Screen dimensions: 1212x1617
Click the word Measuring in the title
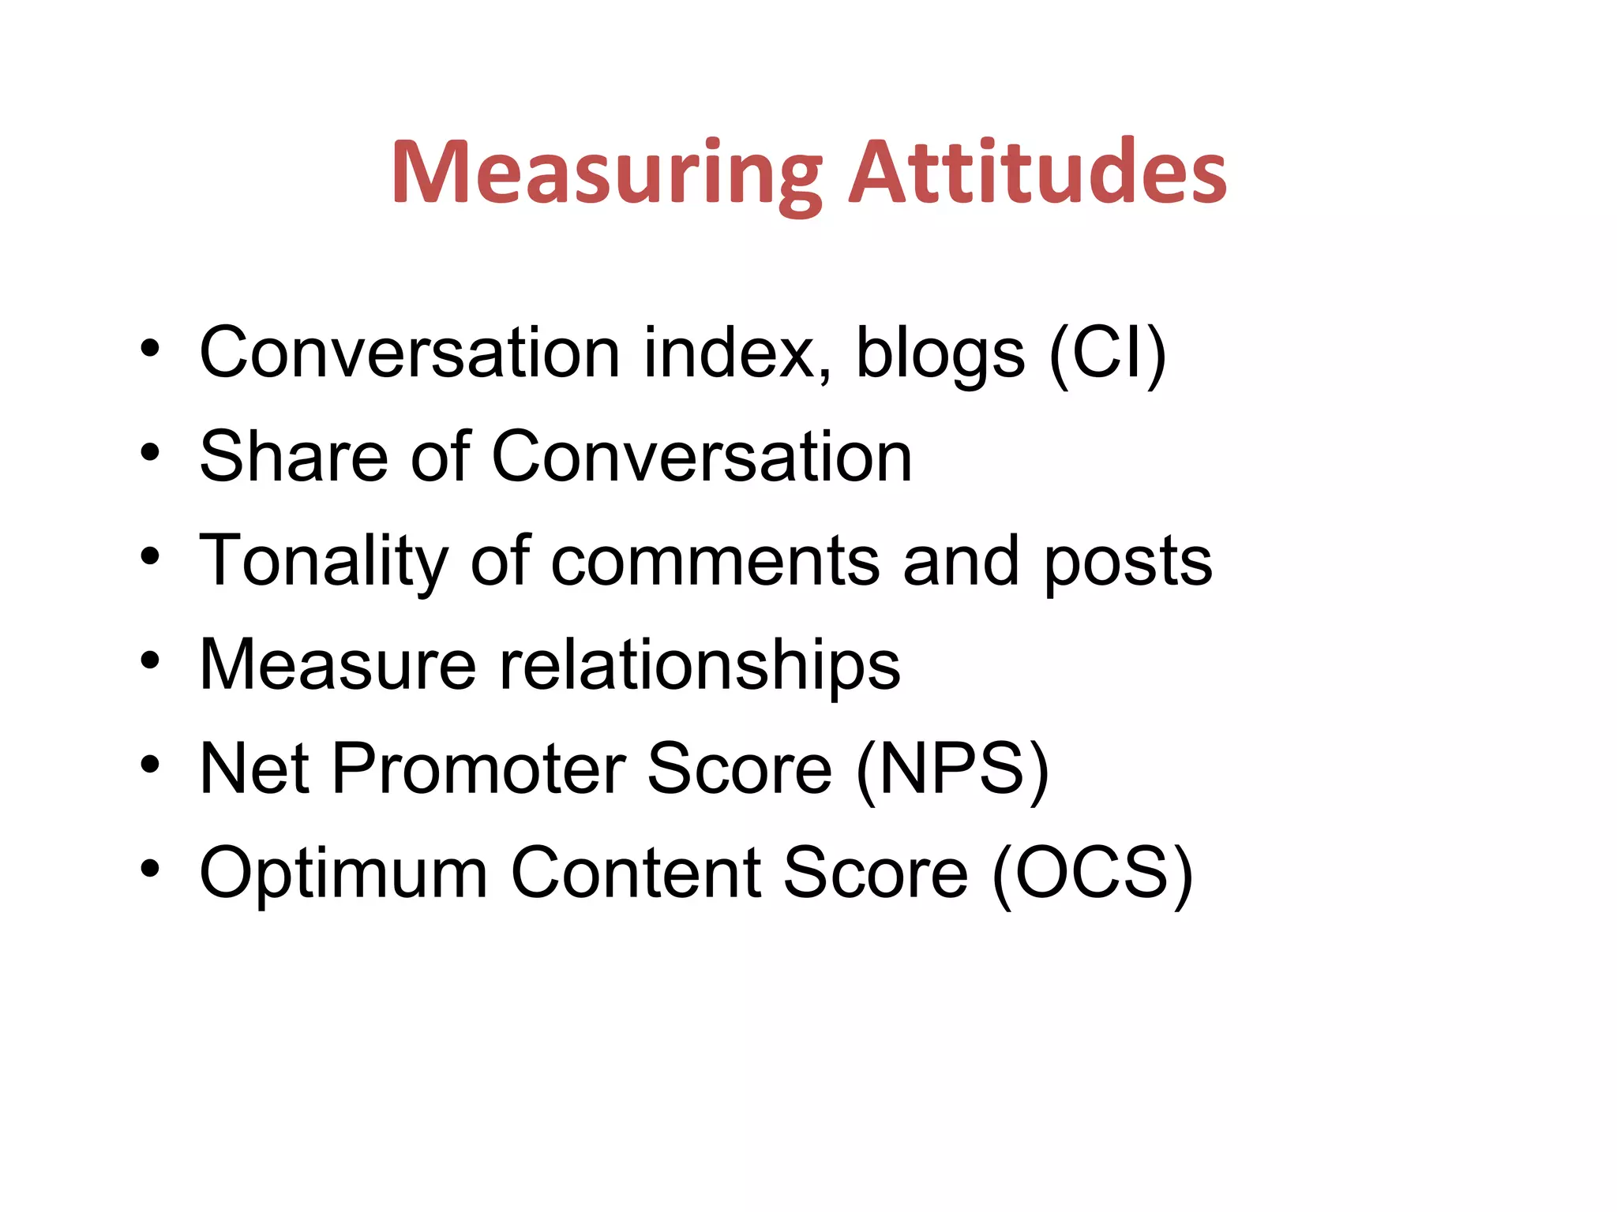606,174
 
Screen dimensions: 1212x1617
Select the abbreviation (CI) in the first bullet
1107,354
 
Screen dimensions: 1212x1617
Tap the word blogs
940,353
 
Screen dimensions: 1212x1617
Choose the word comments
715,562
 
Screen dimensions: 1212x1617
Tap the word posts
1127,562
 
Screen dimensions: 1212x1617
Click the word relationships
700,665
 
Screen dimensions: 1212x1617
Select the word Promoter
478,769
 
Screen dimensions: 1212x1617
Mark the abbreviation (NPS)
952,770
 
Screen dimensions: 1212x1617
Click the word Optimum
343,873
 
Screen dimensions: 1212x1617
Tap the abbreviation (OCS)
1092,873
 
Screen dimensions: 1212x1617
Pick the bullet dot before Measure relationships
150,660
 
